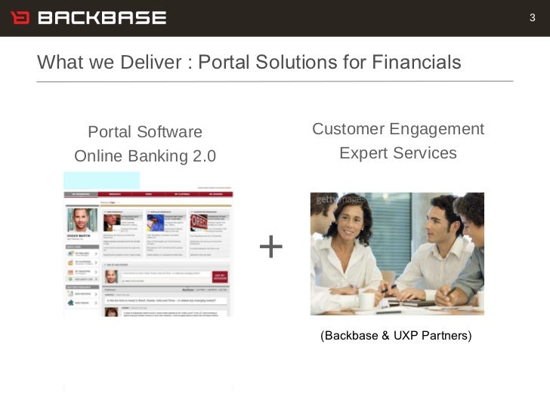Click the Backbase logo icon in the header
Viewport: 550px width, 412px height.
coord(19,17)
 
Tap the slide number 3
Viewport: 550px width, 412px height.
coord(532,17)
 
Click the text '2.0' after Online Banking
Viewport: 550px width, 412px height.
coord(202,156)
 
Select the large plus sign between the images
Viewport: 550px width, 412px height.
coord(270,247)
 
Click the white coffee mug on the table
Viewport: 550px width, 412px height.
coord(366,300)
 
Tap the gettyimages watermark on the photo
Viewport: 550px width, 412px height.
coord(340,199)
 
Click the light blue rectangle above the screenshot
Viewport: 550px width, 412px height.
coord(101,180)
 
